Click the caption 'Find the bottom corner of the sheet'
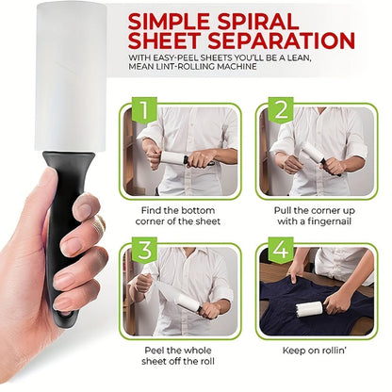[x=180, y=214]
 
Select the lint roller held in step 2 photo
[x=316, y=155]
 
